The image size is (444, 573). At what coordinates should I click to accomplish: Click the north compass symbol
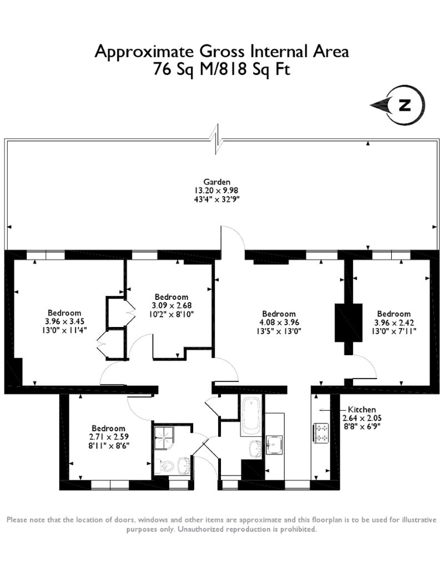tap(405, 105)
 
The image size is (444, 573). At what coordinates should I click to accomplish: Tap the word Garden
tap(216, 182)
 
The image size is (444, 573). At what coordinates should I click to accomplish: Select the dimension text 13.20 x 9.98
tap(216, 190)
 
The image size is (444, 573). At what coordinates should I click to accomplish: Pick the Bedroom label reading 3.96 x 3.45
tap(64, 313)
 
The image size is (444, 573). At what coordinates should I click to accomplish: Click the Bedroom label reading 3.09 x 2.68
tap(171, 297)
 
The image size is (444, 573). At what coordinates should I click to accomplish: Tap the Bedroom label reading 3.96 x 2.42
tap(393, 314)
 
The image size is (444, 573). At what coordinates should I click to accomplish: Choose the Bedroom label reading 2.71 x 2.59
tap(108, 428)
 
